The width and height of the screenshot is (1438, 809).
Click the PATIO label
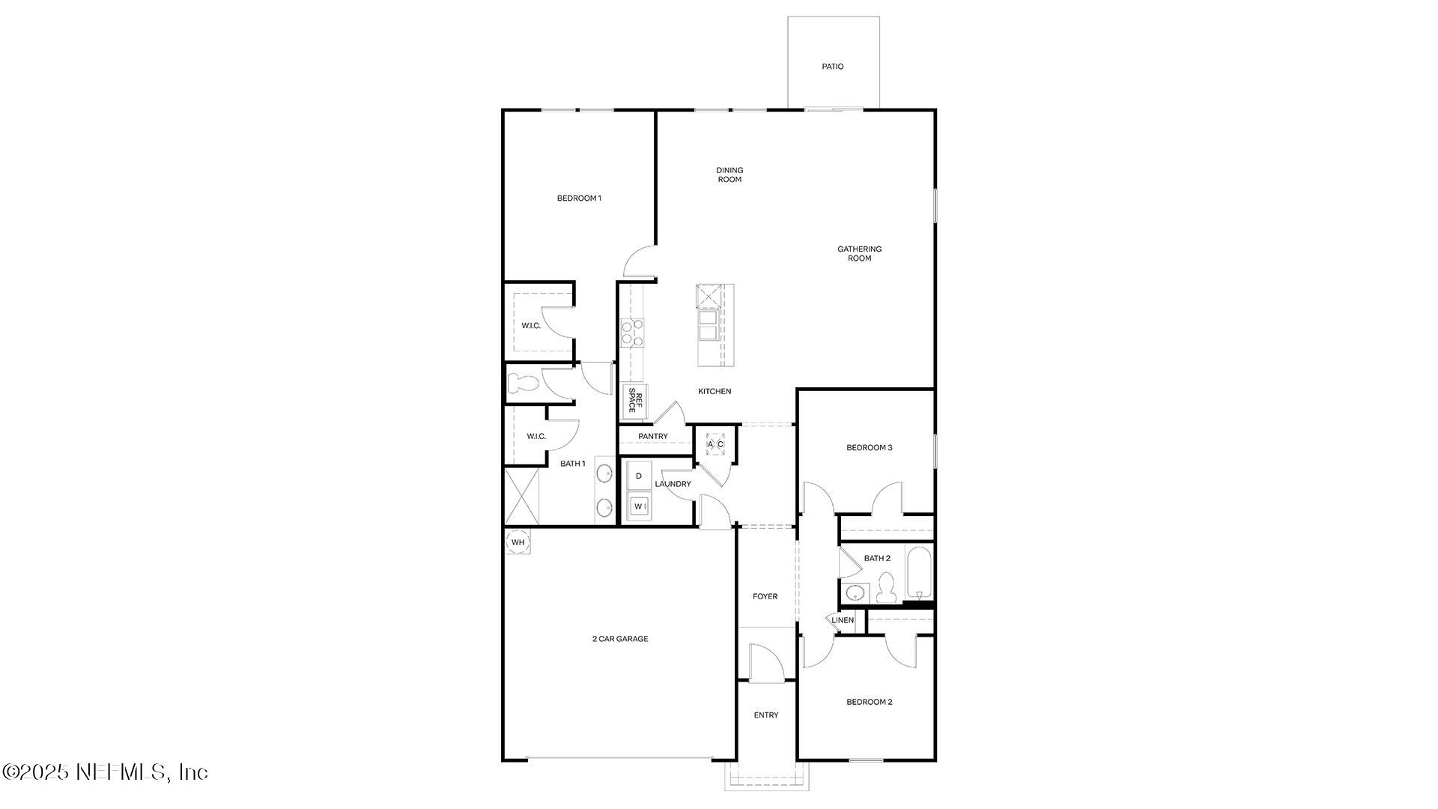(832, 67)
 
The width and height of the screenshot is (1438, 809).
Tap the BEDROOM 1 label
(579, 199)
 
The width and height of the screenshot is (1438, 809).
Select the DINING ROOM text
(729, 175)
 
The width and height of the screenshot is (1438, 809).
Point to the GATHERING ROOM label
(859, 253)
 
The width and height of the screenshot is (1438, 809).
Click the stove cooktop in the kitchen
(632, 333)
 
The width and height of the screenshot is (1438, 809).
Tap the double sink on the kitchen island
(708, 325)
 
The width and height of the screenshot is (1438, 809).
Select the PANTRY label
(652, 437)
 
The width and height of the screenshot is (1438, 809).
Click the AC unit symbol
(715, 443)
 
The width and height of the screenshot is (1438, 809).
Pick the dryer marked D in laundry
(639, 476)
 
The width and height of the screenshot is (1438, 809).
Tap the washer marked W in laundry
(639, 506)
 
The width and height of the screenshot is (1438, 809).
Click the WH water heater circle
(518, 542)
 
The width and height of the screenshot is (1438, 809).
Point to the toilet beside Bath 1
(523, 384)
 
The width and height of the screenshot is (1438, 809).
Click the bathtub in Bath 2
(919, 573)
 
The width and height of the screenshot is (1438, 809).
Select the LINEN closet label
(843, 620)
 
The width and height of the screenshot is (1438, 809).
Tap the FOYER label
(765, 597)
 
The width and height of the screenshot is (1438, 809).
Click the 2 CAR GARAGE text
(620, 639)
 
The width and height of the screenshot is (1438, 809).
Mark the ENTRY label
(765, 715)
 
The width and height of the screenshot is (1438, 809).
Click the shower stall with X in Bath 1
(522, 496)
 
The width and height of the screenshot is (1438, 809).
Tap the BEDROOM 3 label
(869, 448)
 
